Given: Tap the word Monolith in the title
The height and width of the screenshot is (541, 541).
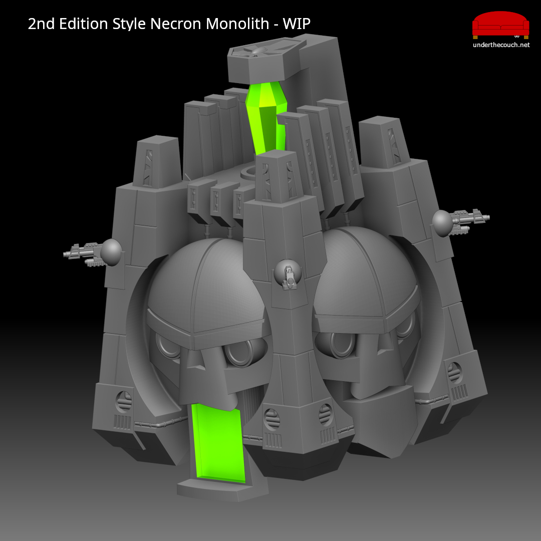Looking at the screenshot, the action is tap(237, 24).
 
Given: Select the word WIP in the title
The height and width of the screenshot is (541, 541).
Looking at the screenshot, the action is tap(297, 24).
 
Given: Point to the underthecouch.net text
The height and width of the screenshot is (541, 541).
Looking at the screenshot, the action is tap(501, 45).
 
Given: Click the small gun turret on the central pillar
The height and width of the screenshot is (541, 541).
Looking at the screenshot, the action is tap(288, 275).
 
